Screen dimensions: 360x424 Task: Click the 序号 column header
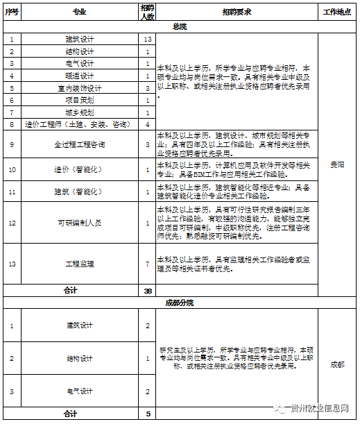pos(12,12)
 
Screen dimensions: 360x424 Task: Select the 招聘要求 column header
pos(237,12)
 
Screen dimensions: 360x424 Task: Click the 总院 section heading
pos(180,26)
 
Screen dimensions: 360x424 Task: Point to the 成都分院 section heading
pos(180,303)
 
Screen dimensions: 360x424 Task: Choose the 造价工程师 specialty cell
pos(79,124)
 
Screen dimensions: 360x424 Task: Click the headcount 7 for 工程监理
pos(148,264)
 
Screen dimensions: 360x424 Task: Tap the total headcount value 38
pos(148,291)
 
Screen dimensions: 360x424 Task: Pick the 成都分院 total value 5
pos(148,414)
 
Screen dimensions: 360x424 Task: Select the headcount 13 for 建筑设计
pos(148,40)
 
